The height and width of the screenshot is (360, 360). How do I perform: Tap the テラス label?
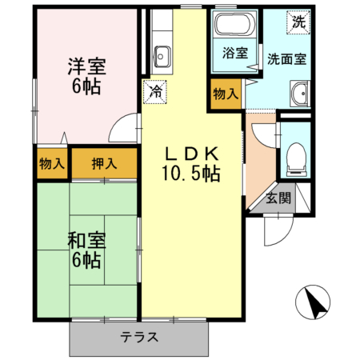coord(139,337)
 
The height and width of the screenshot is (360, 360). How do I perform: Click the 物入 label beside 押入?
coord(52,164)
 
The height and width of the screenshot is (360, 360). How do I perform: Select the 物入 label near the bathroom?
coord(226,93)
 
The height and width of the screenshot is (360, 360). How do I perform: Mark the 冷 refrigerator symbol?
coord(156,92)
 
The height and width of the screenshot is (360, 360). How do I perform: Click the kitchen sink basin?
coord(162,58)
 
